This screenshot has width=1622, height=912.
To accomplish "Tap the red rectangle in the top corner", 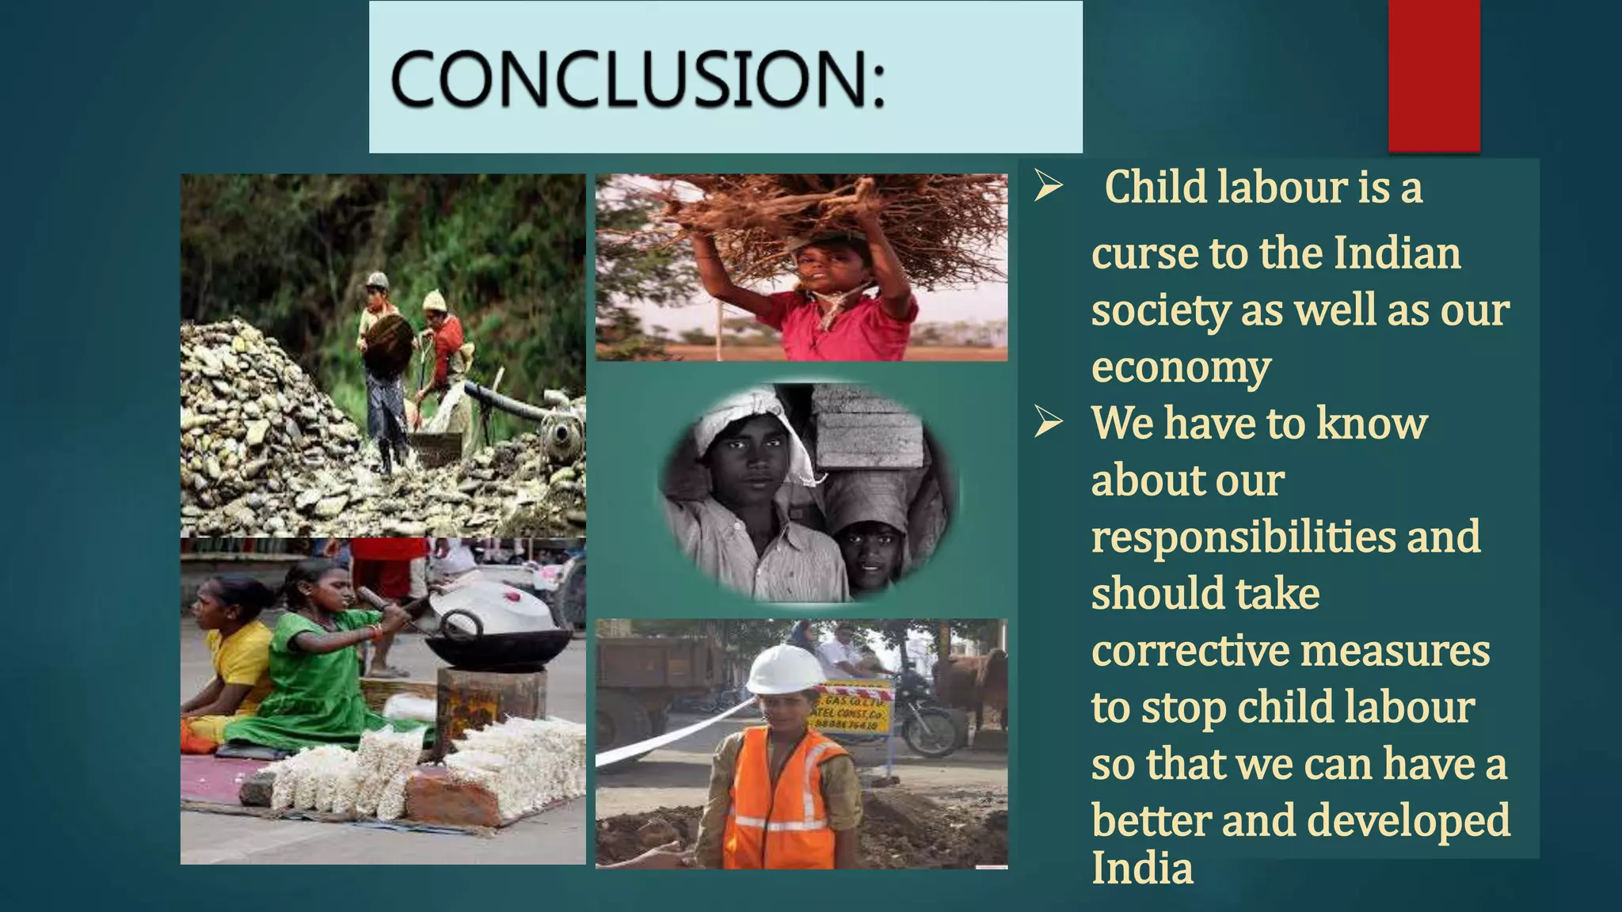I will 1434,74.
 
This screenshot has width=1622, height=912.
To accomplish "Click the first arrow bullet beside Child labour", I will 1048,188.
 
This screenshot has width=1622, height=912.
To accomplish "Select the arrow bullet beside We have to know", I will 1048,424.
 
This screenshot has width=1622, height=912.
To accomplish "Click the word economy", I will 1181,367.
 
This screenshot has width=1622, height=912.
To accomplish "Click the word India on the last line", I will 1142,868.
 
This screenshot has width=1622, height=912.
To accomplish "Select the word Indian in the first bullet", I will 1397,253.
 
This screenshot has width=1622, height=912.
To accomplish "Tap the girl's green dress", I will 317,681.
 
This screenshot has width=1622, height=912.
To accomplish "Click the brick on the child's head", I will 867,427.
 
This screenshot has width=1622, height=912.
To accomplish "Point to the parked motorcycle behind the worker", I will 927,720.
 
